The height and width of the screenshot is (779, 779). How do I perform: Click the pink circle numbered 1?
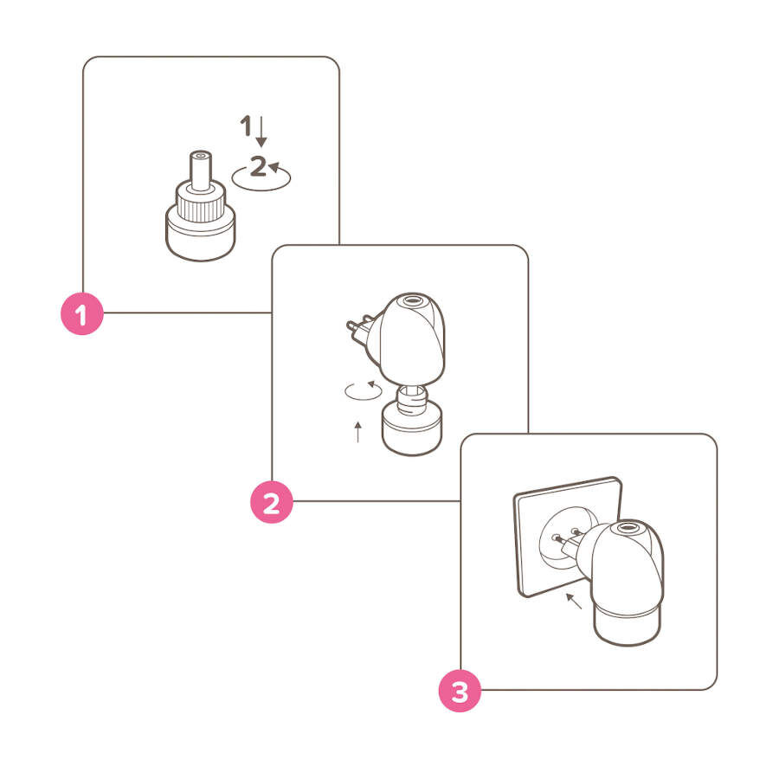click(x=82, y=313)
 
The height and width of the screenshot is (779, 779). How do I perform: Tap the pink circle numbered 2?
click(x=271, y=502)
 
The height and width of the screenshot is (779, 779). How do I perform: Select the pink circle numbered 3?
click(x=460, y=691)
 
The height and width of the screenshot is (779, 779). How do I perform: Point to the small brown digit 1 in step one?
click(x=246, y=126)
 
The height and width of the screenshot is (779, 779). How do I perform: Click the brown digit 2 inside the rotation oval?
click(x=258, y=166)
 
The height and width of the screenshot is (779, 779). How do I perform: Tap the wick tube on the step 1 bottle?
click(x=201, y=171)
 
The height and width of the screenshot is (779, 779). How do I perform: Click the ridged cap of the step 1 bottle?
click(x=201, y=203)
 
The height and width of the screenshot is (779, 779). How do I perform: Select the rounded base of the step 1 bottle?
click(x=201, y=236)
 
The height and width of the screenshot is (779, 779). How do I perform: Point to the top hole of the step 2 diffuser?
click(x=412, y=300)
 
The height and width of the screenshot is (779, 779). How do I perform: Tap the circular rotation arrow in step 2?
click(x=364, y=390)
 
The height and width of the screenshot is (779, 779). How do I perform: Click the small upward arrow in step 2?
click(x=357, y=432)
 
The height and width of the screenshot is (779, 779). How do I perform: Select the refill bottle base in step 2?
click(x=411, y=428)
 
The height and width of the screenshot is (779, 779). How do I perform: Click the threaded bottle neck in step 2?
click(x=411, y=399)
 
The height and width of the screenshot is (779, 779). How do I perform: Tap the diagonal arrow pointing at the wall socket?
click(x=574, y=601)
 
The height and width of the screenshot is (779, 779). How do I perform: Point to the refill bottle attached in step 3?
click(x=628, y=625)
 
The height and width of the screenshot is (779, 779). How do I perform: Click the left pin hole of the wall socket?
click(x=555, y=537)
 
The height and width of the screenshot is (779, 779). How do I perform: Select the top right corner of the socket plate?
click(x=619, y=479)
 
